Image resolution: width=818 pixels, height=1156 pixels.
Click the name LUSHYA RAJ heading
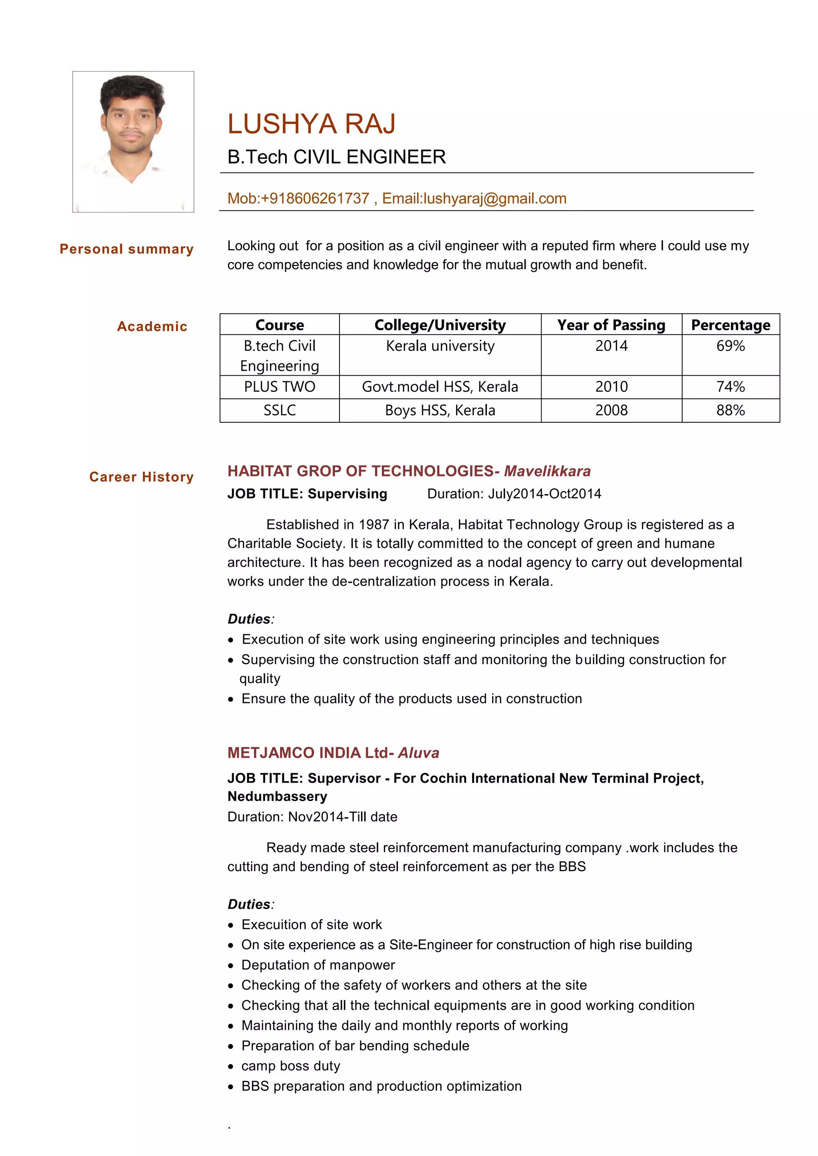click(x=311, y=124)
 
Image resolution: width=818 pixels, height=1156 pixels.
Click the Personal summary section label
click(x=127, y=249)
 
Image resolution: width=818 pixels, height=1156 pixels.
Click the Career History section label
click(x=141, y=477)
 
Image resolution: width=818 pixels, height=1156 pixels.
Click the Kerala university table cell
click(x=440, y=346)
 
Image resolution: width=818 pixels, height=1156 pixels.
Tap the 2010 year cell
click(x=611, y=387)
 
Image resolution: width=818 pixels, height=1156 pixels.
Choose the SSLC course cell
click(x=280, y=410)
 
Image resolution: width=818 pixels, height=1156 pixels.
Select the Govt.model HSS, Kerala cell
click(x=440, y=387)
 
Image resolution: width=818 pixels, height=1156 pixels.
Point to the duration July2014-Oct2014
click(x=544, y=493)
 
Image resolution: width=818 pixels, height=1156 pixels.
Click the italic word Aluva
click(x=418, y=753)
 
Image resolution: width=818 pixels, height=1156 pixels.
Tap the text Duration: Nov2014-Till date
click(x=312, y=817)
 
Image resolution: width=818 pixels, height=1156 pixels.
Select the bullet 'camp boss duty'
click(x=291, y=1066)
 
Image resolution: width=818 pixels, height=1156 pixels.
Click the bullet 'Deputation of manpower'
click(x=318, y=965)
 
